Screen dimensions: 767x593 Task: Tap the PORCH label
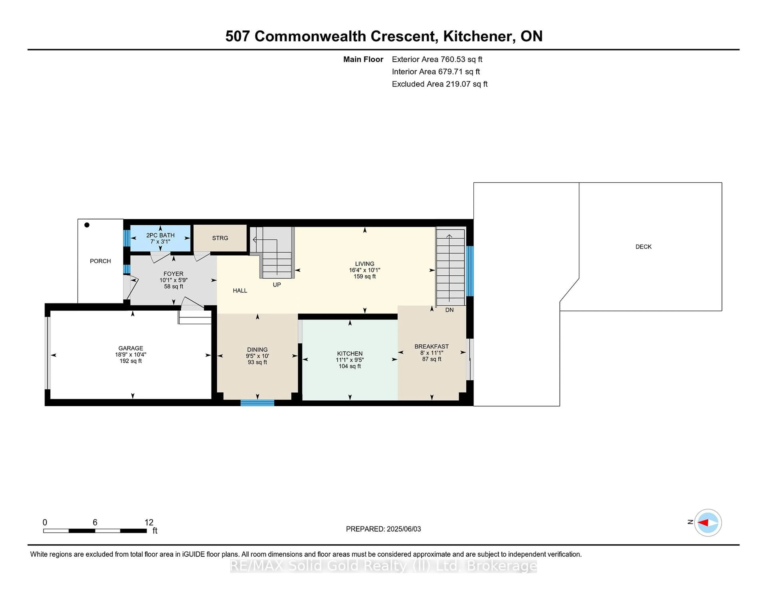pos(100,261)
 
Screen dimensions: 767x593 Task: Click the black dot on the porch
pos(87,225)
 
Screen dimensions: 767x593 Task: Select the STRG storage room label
pos(220,238)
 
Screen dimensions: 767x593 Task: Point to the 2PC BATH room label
pos(161,235)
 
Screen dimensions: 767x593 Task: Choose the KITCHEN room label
pos(350,353)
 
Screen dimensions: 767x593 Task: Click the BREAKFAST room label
pos(432,346)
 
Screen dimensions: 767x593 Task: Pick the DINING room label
pos(257,350)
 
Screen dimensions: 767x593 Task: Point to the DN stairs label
pos(450,310)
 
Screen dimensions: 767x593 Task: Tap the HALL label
pos(240,291)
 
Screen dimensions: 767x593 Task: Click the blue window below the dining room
pos(257,403)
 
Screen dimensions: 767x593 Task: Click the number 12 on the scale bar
pos(149,522)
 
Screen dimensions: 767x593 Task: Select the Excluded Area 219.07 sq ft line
pos(440,84)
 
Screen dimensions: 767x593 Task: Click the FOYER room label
pos(174,274)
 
